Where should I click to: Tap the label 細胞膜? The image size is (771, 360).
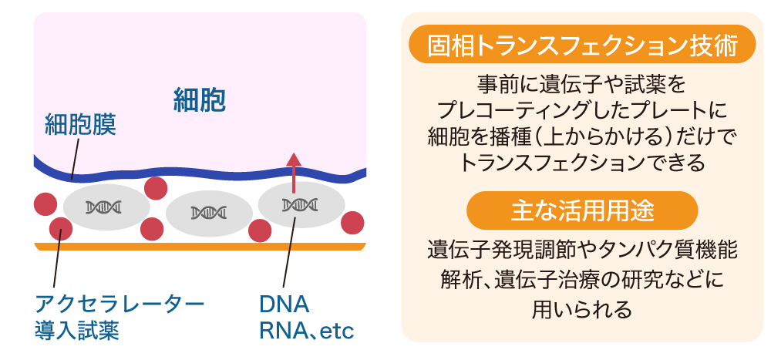pyautogui.click(x=81, y=126)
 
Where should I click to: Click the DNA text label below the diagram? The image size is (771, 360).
pyautogui.click(x=284, y=302)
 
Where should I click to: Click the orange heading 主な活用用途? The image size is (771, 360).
pyautogui.click(x=582, y=210)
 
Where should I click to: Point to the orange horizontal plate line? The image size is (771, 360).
pyautogui.click(x=200, y=247)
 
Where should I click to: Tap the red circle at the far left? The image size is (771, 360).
pyautogui.click(x=45, y=204)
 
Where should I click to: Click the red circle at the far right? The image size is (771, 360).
pyautogui.click(x=352, y=222)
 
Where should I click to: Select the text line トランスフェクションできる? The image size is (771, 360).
pyautogui.click(x=582, y=163)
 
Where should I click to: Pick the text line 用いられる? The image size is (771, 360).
pyautogui.click(x=582, y=310)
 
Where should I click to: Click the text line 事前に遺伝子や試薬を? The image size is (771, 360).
pyautogui.click(x=582, y=82)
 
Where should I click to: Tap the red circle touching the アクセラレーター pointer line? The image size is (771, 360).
pyautogui.click(x=60, y=228)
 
